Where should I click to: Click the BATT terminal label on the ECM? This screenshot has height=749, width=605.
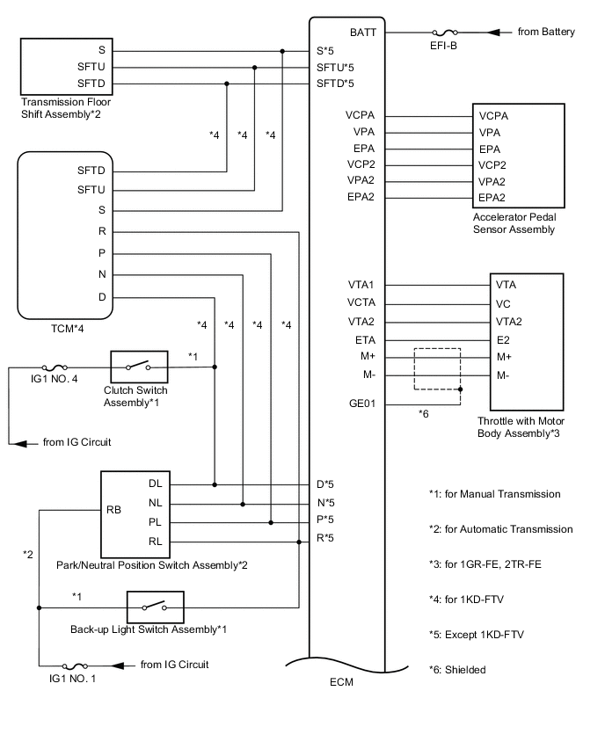pos(363,33)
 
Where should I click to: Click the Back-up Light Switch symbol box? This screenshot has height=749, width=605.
pos(155,607)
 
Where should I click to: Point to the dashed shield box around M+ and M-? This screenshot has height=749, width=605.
pos(437,369)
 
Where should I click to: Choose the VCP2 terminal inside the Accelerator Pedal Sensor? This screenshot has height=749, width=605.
pos(493,164)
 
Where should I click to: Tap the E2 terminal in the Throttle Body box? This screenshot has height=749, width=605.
pos(503,338)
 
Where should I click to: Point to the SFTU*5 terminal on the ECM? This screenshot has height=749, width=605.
pos(335,67)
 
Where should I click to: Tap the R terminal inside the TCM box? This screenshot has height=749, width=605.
pos(102,232)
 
